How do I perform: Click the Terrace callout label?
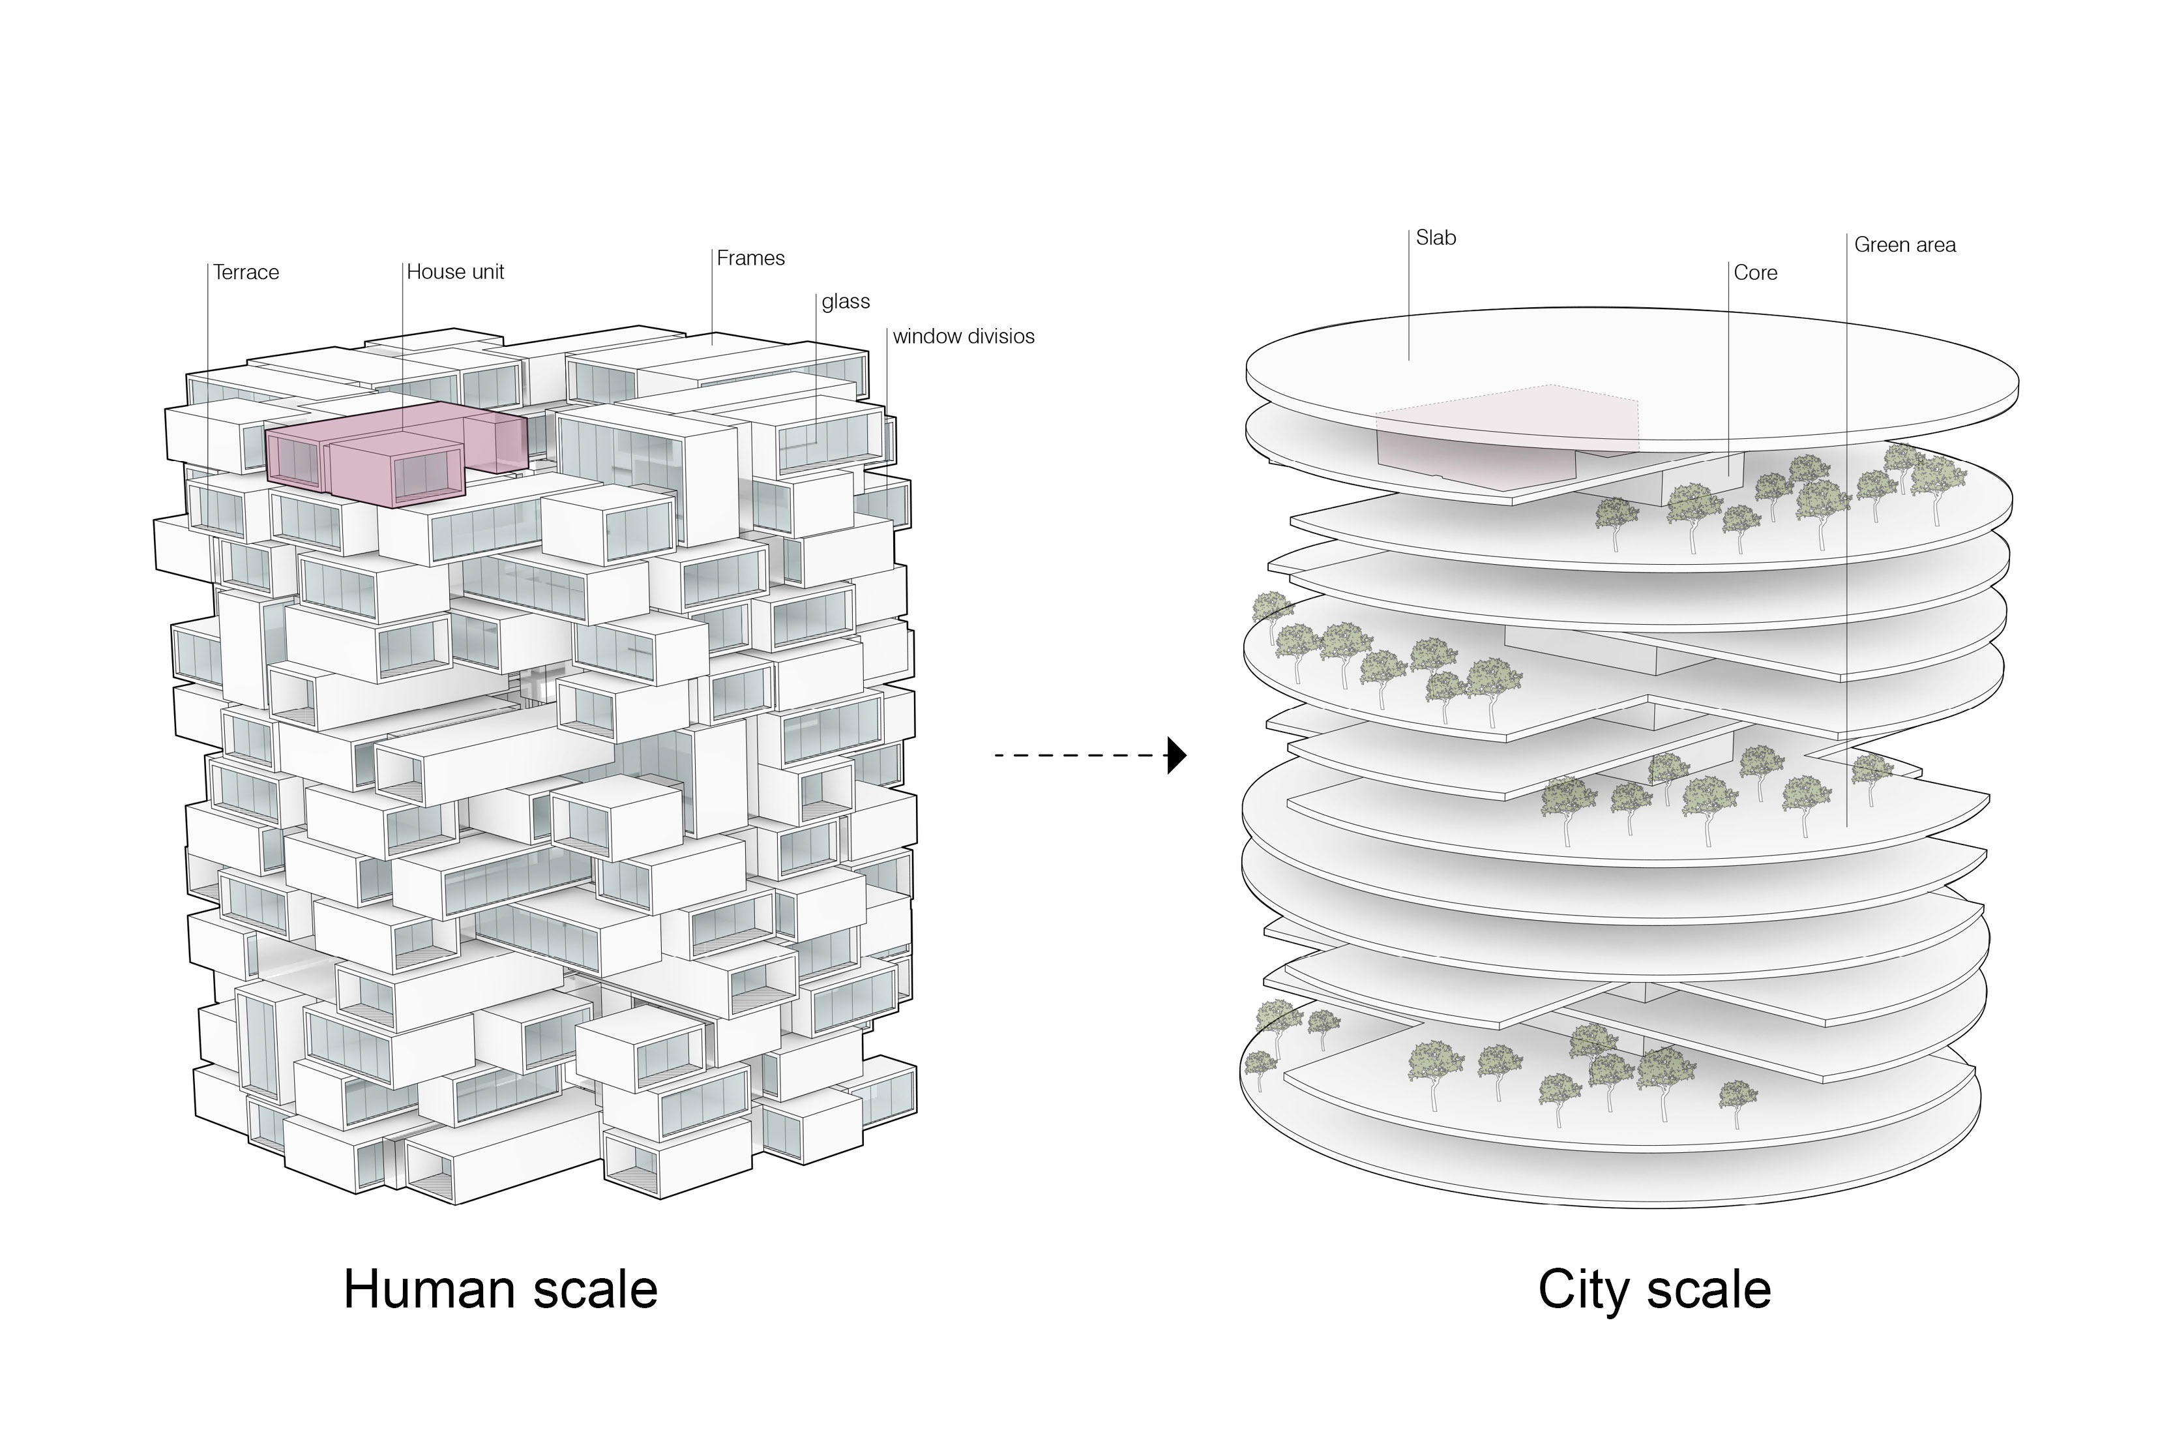pos(246,273)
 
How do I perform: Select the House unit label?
pos(456,273)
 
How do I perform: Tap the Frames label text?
pos(750,259)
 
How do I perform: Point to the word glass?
pos(846,302)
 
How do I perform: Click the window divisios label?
pos(963,336)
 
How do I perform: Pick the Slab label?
pos(1436,239)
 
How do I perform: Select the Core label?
pos(1755,273)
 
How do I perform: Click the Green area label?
pos(1905,246)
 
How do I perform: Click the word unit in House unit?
pos(483,273)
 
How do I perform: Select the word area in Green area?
pos(1933,246)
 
